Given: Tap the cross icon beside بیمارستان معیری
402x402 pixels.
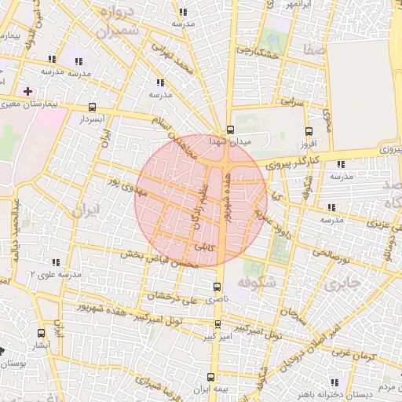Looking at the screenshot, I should tap(28, 91).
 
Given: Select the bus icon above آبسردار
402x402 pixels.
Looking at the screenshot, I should tap(93, 108).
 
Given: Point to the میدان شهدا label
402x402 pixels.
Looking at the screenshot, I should tap(228, 141).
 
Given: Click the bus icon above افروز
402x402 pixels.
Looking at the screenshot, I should tap(308, 132).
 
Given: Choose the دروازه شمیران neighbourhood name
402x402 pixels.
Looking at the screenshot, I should tap(119, 21).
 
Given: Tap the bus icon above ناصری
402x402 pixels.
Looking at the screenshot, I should tap(217, 288).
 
